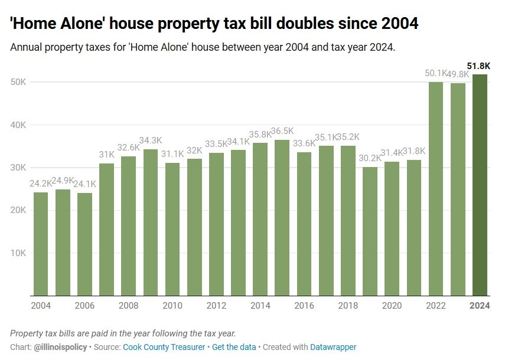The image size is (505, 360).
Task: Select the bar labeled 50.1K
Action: [436, 189]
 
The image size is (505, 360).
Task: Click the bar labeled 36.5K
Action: [282, 218]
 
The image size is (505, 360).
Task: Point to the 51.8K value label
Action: [478, 66]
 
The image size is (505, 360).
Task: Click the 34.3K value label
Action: [151, 141]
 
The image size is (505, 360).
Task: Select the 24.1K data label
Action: [84, 184]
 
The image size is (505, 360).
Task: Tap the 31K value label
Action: [107, 155]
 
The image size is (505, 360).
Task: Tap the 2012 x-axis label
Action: [217, 306]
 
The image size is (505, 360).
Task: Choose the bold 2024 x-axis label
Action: [480, 306]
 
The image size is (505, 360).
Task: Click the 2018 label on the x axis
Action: [348, 306]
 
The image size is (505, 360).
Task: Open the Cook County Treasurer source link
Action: [164, 347]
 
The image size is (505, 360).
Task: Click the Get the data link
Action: [234, 347]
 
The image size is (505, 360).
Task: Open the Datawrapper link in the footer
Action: [334, 347]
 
